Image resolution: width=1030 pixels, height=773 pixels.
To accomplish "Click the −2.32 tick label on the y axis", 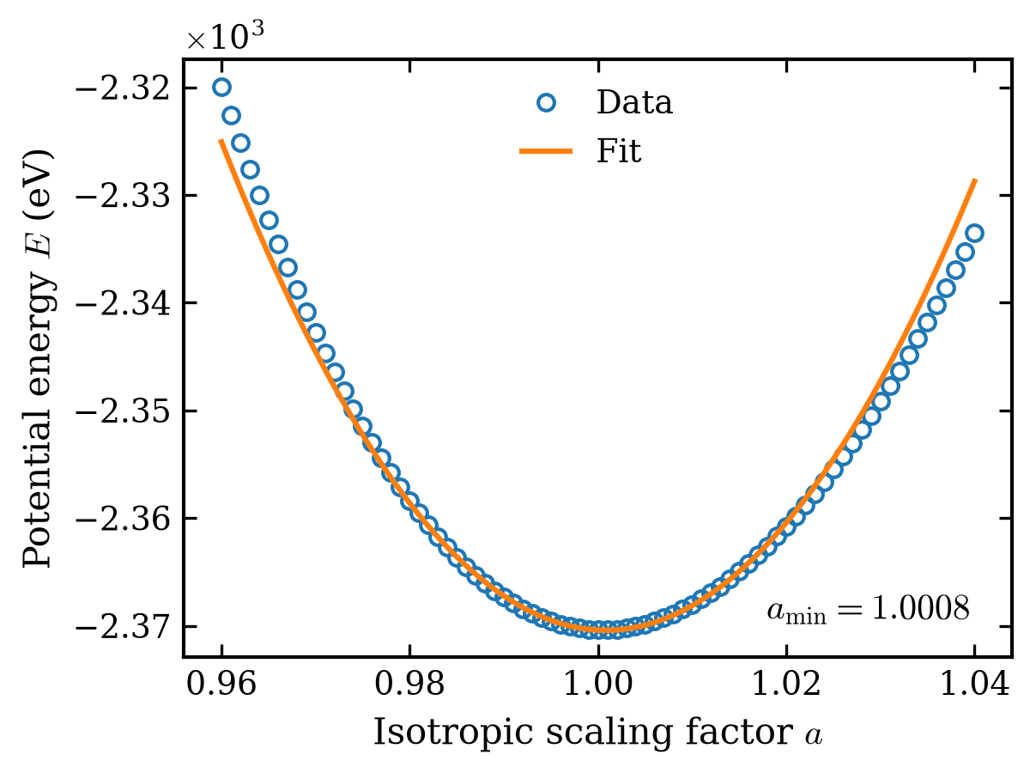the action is pyautogui.click(x=122, y=88).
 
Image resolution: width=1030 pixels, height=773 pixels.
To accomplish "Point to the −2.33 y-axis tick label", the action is pyautogui.click(x=122, y=196).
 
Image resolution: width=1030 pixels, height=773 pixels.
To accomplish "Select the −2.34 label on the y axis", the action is pyautogui.click(x=122, y=304).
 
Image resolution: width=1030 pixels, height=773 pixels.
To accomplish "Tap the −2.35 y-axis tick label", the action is pyautogui.click(x=122, y=411).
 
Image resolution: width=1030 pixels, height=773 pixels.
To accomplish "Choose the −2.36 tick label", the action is pyautogui.click(x=122, y=519).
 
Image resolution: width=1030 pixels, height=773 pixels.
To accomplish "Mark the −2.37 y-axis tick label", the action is pyautogui.click(x=122, y=627).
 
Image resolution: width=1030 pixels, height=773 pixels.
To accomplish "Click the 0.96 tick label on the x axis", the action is pyautogui.click(x=221, y=684).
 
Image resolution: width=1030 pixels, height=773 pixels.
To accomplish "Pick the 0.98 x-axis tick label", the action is pyautogui.click(x=409, y=684).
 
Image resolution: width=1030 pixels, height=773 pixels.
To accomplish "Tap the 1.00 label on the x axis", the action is pyautogui.click(x=597, y=684).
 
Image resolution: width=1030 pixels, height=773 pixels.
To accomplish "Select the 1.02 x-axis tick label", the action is pyautogui.click(x=786, y=684).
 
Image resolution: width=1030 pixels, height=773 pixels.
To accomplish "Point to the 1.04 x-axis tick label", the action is pyautogui.click(x=974, y=684).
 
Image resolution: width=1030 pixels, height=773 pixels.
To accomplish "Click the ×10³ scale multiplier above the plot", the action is pyautogui.click(x=225, y=36).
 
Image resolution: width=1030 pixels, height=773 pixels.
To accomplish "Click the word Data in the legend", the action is pyautogui.click(x=634, y=102).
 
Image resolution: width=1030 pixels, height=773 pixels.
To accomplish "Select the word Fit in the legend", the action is pyautogui.click(x=619, y=150).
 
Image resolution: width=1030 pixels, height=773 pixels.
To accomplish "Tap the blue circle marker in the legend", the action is pyautogui.click(x=546, y=103).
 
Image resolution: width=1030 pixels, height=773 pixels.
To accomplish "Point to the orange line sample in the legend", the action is pyautogui.click(x=546, y=151).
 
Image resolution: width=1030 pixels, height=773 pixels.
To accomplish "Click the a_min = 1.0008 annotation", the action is pyautogui.click(x=868, y=609).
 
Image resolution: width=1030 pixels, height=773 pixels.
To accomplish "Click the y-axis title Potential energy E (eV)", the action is pyautogui.click(x=38, y=358).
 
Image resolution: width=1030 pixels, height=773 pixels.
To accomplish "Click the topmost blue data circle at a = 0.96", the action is pyautogui.click(x=221, y=88).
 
